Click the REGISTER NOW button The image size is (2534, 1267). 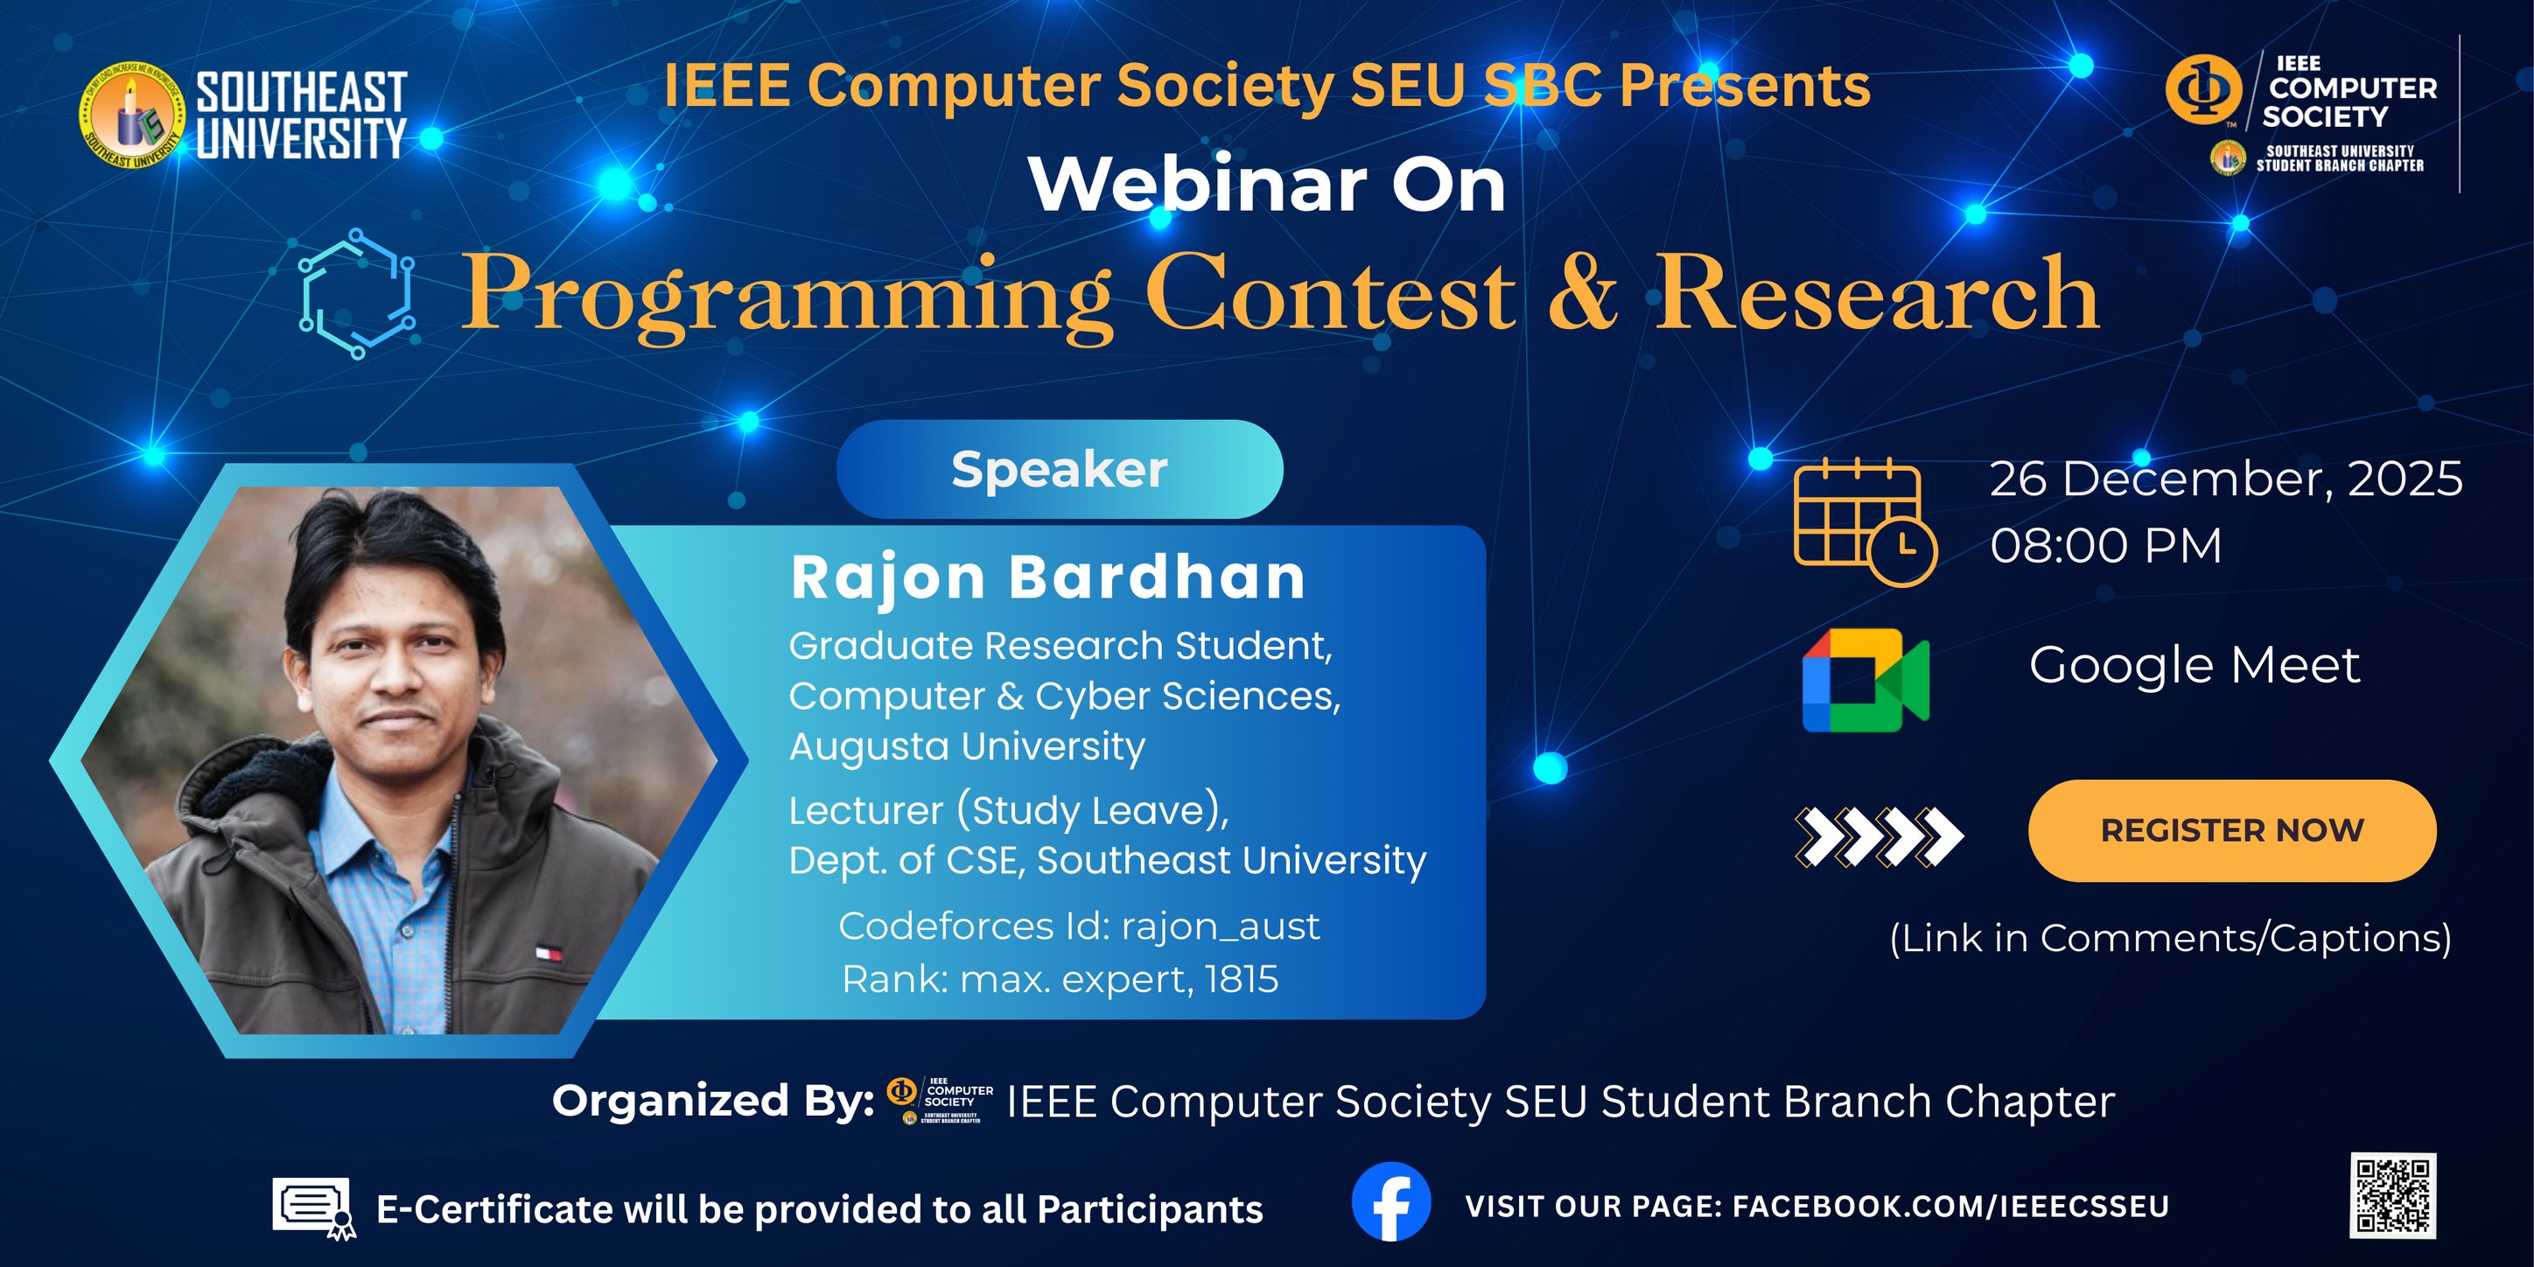[x=2231, y=830]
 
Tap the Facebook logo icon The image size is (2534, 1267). [x=1391, y=1202]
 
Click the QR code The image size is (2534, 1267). [x=2392, y=1194]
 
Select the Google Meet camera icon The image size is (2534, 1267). [x=1865, y=680]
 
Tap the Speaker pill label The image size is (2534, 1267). [x=1060, y=469]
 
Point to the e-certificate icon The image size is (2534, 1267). [x=314, y=1206]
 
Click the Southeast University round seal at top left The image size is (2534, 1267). [x=133, y=115]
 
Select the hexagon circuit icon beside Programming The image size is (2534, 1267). [x=356, y=293]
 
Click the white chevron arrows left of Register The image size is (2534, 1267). [x=1878, y=836]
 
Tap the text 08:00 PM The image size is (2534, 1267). [x=2105, y=545]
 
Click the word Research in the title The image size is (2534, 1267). [x=1877, y=292]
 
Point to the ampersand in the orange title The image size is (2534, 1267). [x=1582, y=292]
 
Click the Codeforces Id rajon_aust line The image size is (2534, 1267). [x=1078, y=926]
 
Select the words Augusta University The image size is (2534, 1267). [x=967, y=745]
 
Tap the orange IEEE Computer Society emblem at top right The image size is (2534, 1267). [x=2203, y=88]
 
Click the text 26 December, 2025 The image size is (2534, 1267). [x=2225, y=479]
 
